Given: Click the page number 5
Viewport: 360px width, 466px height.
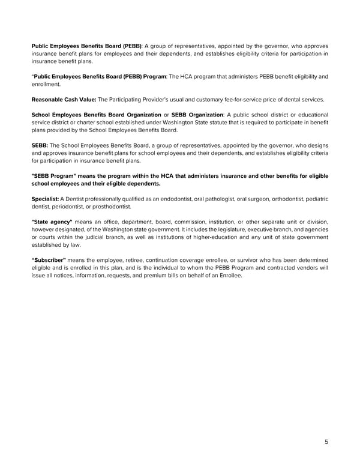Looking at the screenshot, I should pos(326,442).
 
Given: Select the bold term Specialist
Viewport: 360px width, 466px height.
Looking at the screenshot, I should pos(44,198).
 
